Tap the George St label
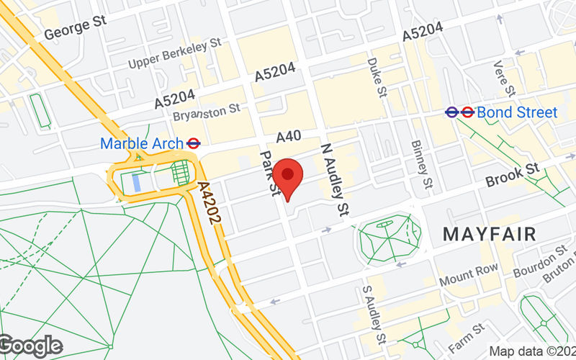[x=76, y=28]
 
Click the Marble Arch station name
[x=141, y=143]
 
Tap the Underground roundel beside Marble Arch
[x=192, y=143]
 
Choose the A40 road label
[x=288, y=135]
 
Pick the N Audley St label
[x=333, y=176]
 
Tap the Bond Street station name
[x=517, y=112]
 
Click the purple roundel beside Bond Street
[x=452, y=112]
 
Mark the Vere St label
[x=504, y=78]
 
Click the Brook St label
[x=512, y=176]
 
